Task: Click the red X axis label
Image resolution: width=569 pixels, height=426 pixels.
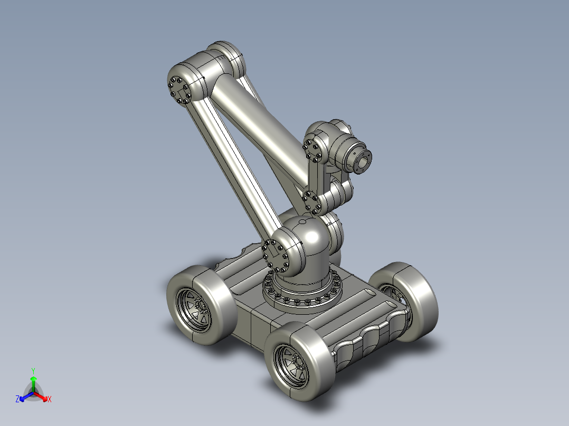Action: [x=50, y=400]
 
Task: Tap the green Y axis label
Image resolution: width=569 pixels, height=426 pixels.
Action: [x=33, y=370]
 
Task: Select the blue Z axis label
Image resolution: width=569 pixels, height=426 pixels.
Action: [x=17, y=400]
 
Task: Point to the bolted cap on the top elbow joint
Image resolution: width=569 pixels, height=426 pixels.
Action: [x=179, y=90]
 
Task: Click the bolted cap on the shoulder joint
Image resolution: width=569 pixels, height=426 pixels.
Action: [x=276, y=257]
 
